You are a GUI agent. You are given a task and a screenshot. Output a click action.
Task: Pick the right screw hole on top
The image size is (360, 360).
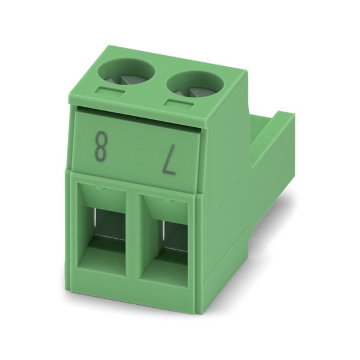(196, 85)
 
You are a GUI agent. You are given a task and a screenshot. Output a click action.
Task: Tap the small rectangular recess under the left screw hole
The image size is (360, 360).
(110, 91)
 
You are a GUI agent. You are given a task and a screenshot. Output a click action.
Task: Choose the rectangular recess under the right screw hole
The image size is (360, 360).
(178, 103)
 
